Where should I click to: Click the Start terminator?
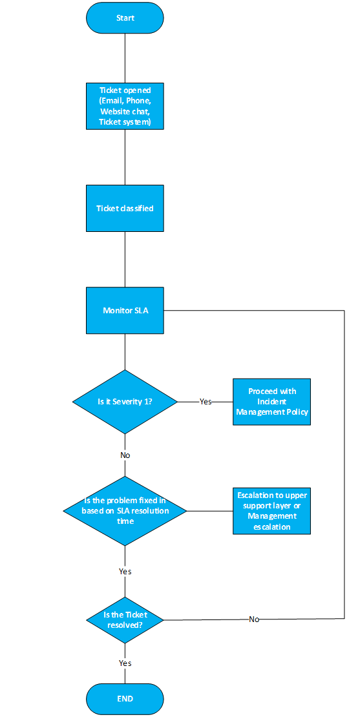tap(125, 18)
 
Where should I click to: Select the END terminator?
tap(125, 699)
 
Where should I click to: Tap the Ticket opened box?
tap(125, 106)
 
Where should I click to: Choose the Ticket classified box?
tap(125, 208)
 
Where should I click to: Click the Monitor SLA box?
tap(125, 311)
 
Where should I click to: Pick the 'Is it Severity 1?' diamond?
tap(125, 402)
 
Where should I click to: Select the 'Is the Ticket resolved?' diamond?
tap(125, 620)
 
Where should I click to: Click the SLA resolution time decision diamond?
tap(125, 511)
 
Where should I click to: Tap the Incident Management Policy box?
tap(271, 402)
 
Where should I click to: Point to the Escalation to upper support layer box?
tap(271, 511)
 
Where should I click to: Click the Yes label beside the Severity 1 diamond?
tap(206, 402)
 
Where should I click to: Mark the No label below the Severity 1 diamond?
tap(125, 455)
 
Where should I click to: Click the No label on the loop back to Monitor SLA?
tap(254, 619)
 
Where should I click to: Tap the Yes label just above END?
tap(125, 663)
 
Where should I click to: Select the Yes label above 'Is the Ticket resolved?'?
tap(125, 572)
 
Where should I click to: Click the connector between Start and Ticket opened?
tap(125, 57)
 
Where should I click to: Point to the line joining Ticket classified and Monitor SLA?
tap(125, 259)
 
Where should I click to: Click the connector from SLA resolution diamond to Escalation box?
tap(209, 511)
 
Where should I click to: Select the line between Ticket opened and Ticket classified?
tap(125, 158)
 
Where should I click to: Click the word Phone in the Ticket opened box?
tap(142, 101)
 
